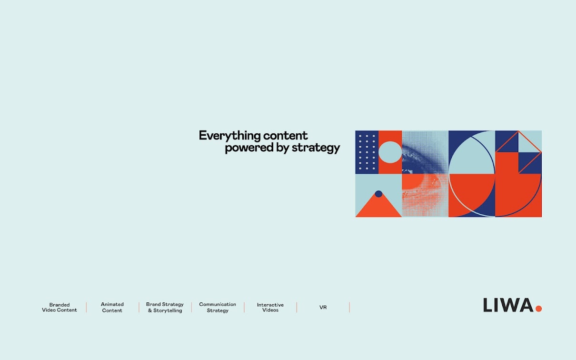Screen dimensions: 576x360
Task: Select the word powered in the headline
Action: (x=249, y=148)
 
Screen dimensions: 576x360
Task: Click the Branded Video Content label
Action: (x=60, y=307)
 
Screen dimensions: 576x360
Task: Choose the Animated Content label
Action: (x=112, y=307)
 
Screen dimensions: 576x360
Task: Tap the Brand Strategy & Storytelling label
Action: (x=165, y=307)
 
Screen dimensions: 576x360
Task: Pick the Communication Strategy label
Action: (x=218, y=307)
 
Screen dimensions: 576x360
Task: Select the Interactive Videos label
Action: (x=270, y=307)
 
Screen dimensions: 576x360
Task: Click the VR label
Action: (x=323, y=307)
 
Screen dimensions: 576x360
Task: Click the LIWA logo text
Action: (x=508, y=305)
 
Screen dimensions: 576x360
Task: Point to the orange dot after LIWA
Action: (x=539, y=308)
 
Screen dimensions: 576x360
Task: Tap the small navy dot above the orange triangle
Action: (x=378, y=194)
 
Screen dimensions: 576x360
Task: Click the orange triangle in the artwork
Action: (x=378, y=207)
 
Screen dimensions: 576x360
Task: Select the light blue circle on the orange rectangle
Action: (x=390, y=152)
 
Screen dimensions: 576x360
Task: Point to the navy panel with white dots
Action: (x=367, y=152)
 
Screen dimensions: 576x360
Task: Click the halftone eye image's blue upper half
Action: (x=425, y=152)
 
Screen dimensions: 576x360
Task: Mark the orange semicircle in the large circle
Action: (x=472, y=190)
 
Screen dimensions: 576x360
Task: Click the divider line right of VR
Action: (x=349, y=307)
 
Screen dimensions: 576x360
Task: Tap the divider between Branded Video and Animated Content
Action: (x=87, y=307)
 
